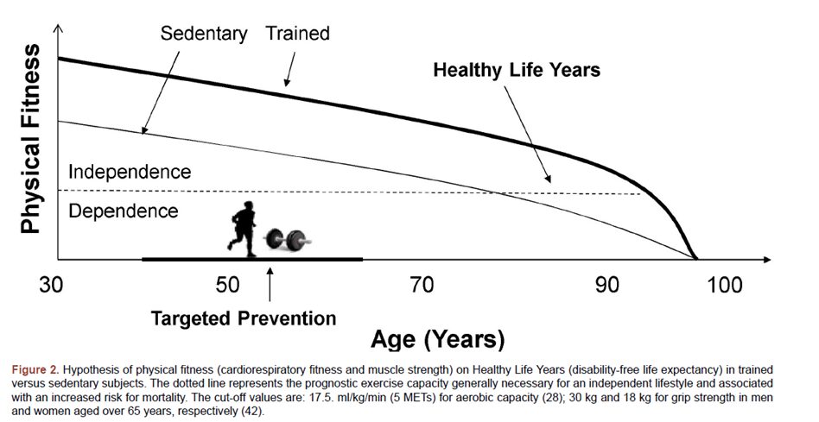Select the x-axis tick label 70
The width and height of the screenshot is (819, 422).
(422, 285)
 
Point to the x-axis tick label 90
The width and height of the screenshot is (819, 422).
(608, 285)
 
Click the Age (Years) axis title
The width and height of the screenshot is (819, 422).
(438, 339)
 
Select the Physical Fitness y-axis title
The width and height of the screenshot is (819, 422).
(31, 140)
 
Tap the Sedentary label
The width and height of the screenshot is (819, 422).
(205, 34)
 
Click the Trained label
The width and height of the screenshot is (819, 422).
(297, 34)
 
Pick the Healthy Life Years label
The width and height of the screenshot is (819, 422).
(517, 70)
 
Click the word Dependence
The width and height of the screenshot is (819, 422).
(123, 211)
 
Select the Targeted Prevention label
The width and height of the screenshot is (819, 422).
(244, 318)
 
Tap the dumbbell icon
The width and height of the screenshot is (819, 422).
(286, 238)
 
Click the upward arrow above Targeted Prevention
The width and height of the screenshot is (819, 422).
(270, 284)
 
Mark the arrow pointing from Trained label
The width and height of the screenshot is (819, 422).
(290, 67)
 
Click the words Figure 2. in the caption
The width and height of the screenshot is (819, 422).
(36, 369)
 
